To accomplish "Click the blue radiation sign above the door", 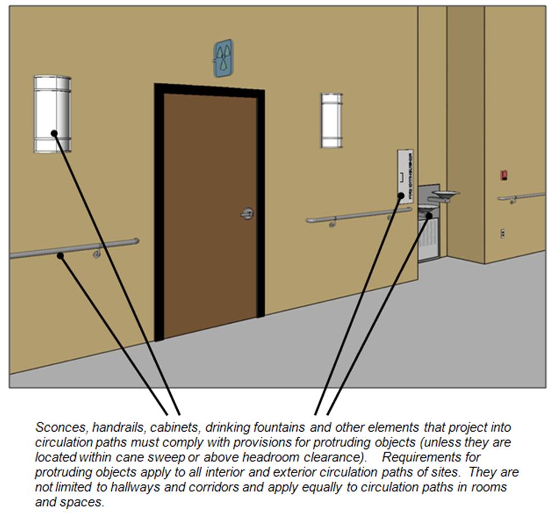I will click(223, 58).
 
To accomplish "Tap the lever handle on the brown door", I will click(247, 214).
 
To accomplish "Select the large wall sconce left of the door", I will click(52, 114).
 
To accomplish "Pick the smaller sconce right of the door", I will click(331, 120).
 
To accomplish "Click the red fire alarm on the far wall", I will click(503, 175).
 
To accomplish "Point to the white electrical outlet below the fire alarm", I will click(502, 233).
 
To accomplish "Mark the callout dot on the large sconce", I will click(55, 133).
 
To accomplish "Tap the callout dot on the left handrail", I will click(60, 256).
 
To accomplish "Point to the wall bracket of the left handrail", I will click(97, 253).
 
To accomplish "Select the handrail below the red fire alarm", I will click(521, 197).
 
